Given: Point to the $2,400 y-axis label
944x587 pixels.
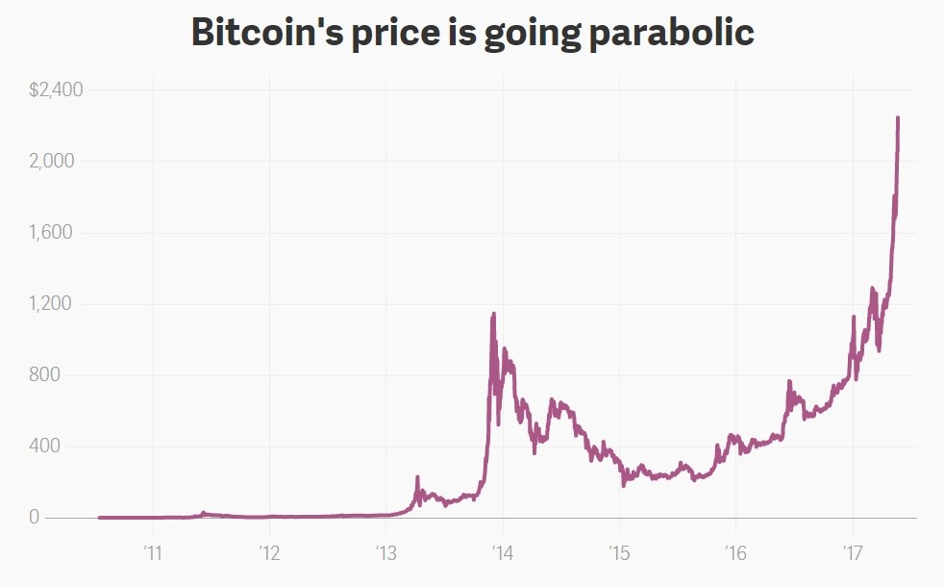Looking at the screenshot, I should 57,90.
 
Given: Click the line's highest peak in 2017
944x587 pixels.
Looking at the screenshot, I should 898,118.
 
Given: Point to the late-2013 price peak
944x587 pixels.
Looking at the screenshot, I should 494,314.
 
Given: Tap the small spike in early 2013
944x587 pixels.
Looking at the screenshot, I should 417,477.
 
